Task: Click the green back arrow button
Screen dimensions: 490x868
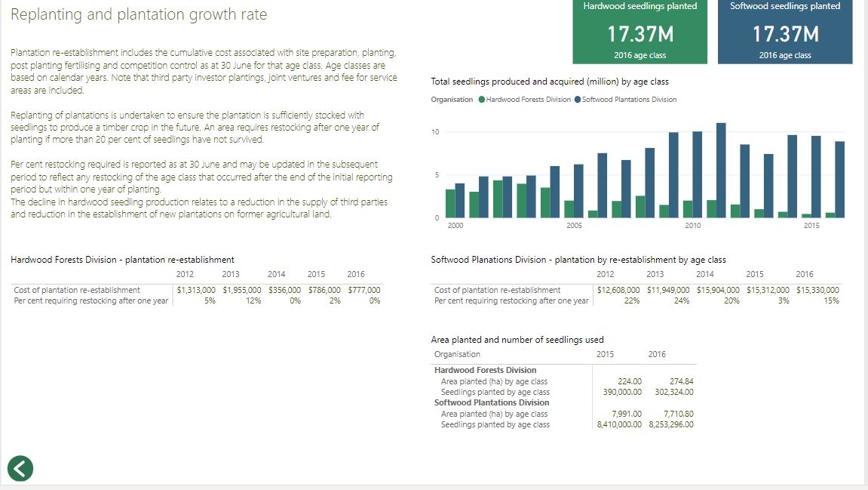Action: click(x=20, y=468)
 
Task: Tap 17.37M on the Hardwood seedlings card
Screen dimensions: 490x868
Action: click(x=640, y=35)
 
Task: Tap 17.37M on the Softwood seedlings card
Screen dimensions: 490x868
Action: click(x=785, y=35)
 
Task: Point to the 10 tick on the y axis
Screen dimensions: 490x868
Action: click(x=434, y=132)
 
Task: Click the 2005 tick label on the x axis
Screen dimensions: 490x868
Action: click(x=574, y=226)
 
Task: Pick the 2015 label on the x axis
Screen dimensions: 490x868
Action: click(x=811, y=226)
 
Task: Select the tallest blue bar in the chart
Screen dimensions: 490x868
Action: click(x=721, y=170)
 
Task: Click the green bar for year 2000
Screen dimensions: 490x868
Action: click(x=450, y=203)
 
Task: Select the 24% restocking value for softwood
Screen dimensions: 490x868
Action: click(x=681, y=300)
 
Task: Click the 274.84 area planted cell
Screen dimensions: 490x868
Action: click(x=681, y=381)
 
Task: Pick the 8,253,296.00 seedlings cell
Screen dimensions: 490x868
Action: click(x=671, y=424)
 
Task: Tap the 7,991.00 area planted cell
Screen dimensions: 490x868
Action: click(x=627, y=414)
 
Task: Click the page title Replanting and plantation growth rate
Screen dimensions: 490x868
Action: click(x=139, y=15)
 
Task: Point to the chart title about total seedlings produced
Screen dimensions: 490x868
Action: click(x=549, y=82)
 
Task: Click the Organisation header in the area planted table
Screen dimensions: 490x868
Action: click(x=457, y=354)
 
